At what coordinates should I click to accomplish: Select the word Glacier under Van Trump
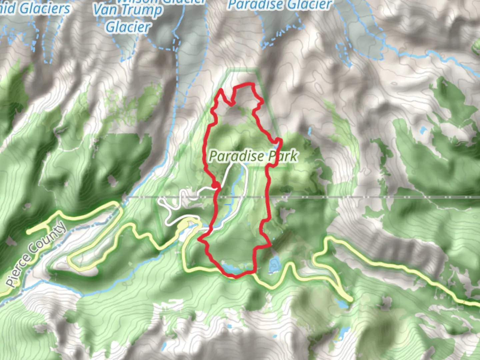[128, 27]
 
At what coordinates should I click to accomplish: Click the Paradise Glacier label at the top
[280, 5]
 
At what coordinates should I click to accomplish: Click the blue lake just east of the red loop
[274, 265]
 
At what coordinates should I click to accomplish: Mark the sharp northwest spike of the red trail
[221, 90]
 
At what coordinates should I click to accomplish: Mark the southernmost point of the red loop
[235, 277]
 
